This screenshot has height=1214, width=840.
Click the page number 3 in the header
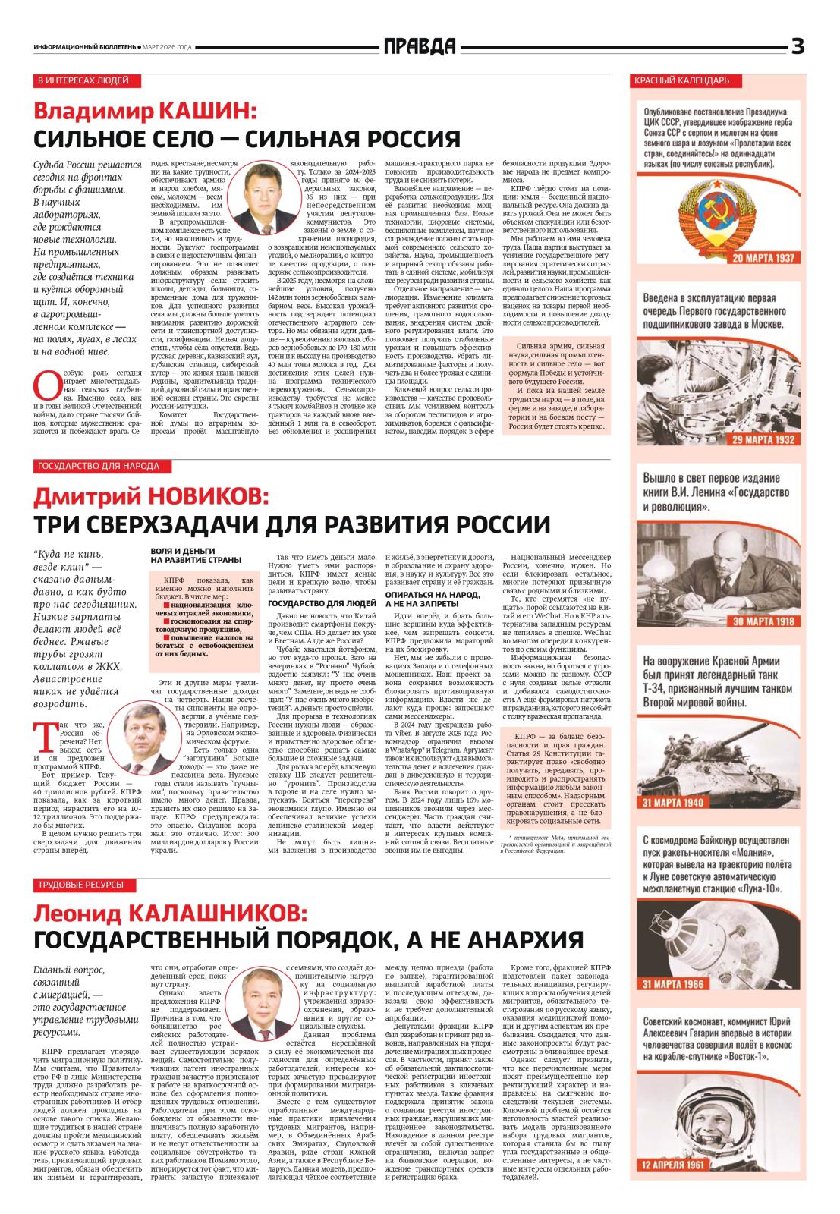pyautogui.click(x=797, y=47)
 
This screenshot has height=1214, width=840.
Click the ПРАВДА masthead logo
pyautogui.click(x=420, y=47)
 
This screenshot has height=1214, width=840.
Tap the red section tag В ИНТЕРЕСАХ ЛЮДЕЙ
pyautogui.click(x=83, y=80)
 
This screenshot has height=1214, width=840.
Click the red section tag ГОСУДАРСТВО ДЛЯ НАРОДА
pyautogui.click(x=97, y=465)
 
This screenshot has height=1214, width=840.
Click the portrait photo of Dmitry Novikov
pyautogui.click(x=145, y=735)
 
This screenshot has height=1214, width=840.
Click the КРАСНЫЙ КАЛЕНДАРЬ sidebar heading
pyautogui.click(x=687, y=80)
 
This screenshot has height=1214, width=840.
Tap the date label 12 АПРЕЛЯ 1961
pyautogui.click(x=674, y=1186)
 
